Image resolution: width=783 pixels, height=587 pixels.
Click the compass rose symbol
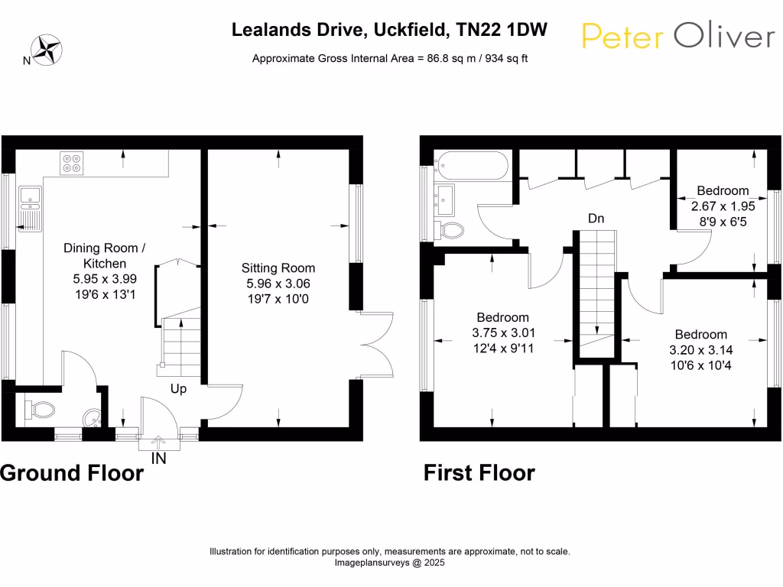click(47, 50)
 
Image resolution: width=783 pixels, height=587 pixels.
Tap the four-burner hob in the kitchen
click(71, 164)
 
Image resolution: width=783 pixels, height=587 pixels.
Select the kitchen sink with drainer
click(30, 209)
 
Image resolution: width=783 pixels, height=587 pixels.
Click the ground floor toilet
click(40, 410)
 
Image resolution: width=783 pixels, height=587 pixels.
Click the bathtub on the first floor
click(471, 165)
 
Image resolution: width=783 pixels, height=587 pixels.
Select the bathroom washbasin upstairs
click(444, 199)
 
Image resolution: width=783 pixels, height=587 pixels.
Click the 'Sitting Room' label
click(278, 268)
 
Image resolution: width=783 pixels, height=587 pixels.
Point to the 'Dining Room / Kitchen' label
click(104, 255)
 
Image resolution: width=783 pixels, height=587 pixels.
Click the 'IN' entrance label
click(158, 459)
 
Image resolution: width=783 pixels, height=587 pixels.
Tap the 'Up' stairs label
click(178, 389)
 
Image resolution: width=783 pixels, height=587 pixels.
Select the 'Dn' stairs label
click(596, 219)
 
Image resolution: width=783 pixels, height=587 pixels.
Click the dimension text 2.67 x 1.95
click(723, 206)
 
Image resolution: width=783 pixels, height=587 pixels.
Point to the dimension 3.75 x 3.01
click(503, 333)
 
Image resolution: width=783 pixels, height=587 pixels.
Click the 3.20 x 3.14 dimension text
click(701, 350)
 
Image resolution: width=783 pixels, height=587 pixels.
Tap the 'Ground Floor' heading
click(72, 472)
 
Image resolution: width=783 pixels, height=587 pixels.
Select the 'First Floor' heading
click(479, 472)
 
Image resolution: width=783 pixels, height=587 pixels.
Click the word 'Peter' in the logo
click(622, 37)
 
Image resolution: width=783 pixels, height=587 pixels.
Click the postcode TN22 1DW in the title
click(502, 30)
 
